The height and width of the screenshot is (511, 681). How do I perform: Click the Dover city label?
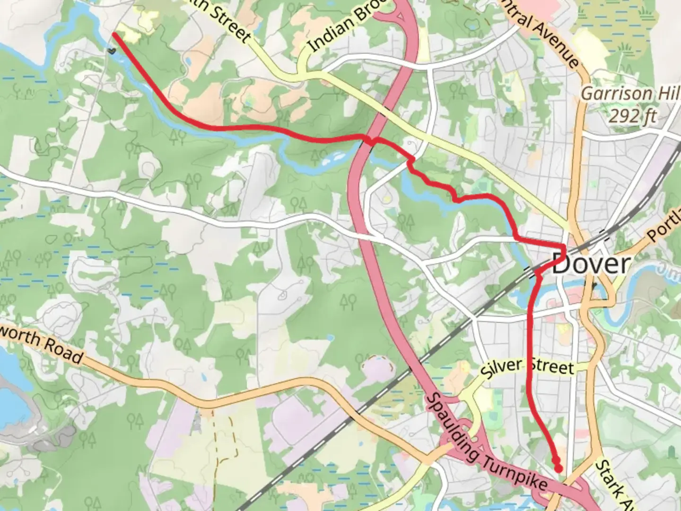[x=591, y=264]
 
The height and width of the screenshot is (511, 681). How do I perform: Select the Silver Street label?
[x=527, y=368]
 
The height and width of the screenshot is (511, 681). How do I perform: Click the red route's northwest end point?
[x=114, y=35]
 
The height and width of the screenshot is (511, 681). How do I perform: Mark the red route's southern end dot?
[x=559, y=468]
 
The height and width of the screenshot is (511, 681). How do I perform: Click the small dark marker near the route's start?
[x=111, y=50]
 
